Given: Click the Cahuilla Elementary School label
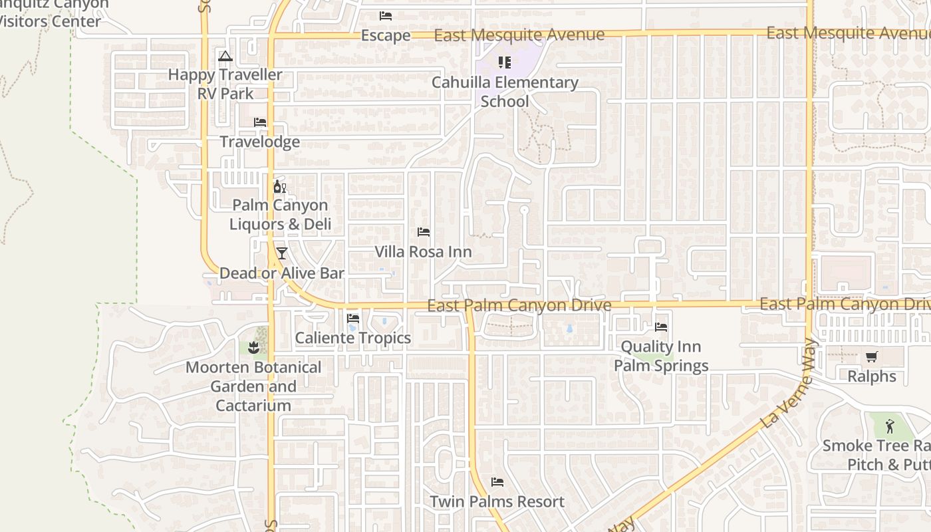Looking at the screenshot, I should click(x=505, y=92).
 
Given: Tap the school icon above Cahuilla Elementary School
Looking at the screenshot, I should click(x=505, y=63).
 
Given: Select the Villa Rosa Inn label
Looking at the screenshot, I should click(x=423, y=252).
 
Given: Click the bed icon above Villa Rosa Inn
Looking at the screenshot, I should click(x=423, y=232).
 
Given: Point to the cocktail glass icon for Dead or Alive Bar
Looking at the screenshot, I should click(x=282, y=253).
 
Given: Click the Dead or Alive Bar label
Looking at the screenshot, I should click(x=282, y=273).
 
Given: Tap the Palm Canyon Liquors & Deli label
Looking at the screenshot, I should click(x=280, y=215).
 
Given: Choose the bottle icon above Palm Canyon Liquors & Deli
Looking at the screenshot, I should click(x=279, y=187).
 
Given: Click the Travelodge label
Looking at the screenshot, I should click(x=260, y=142).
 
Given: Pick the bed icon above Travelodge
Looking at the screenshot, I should click(x=260, y=122).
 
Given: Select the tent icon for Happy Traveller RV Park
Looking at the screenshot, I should click(x=225, y=56).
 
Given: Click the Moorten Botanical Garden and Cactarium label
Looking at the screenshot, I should click(x=253, y=386).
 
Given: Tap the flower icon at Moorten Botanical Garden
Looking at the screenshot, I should click(x=253, y=347).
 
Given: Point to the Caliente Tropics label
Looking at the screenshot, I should click(x=353, y=338).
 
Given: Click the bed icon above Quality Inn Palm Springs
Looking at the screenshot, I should click(x=661, y=327).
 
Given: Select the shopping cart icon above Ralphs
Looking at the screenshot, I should click(x=871, y=356).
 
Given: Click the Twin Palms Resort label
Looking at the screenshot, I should click(x=497, y=501).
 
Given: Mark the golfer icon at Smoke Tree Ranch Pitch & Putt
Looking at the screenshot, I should click(x=890, y=426).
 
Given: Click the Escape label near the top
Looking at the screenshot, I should click(x=386, y=35).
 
